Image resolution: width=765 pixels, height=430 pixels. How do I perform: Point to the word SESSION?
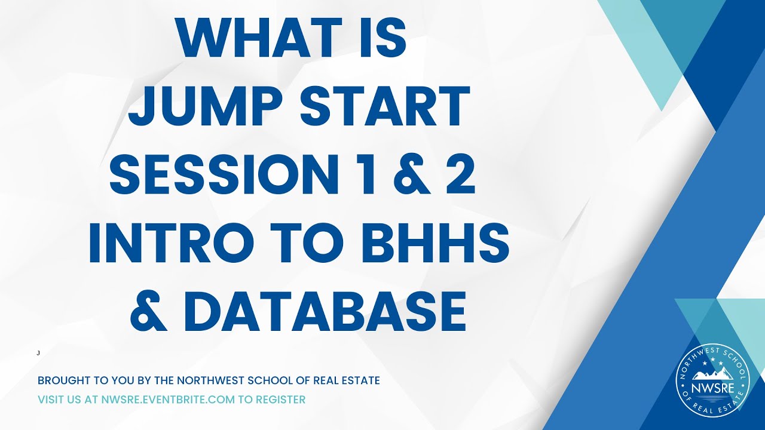pos(221,176)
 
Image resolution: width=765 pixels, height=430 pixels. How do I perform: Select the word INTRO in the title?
pos(173,244)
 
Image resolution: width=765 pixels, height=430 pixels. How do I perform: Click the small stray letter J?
pos(38,353)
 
